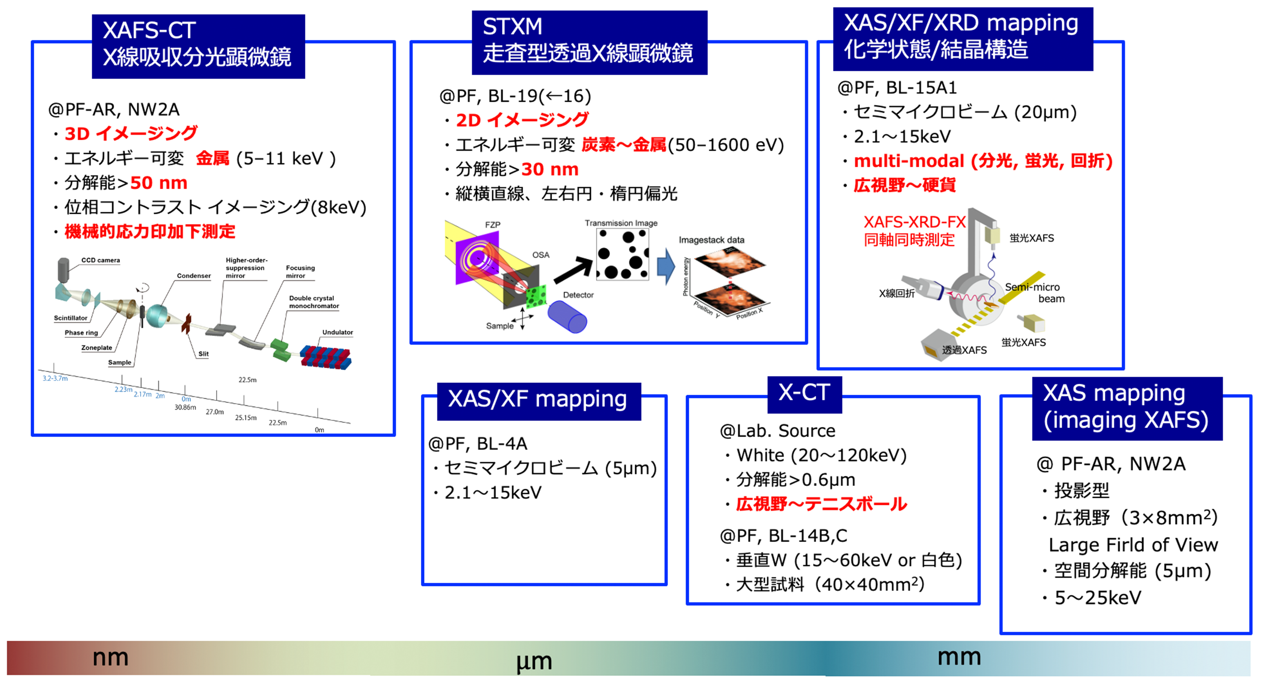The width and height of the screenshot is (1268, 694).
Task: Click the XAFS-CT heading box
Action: [199, 46]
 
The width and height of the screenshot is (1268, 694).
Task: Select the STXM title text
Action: [513, 27]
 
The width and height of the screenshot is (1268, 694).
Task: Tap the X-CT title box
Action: [804, 394]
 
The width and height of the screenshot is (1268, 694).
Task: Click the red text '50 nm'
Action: [159, 183]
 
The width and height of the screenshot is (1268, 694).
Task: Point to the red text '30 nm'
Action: [550, 169]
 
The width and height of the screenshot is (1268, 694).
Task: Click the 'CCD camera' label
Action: [100, 260]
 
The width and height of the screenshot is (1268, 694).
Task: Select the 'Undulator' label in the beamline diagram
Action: [338, 332]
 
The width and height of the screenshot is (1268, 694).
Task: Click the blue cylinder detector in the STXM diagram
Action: [567, 316]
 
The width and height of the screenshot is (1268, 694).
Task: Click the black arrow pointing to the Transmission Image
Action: [573, 270]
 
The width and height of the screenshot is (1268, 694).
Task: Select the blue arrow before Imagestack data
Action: [667, 266]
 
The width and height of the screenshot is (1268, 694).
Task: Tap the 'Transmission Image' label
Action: [621, 223]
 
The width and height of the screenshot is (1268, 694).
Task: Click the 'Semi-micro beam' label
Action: [1035, 293]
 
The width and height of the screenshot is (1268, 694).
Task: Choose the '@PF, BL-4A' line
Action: [478, 444]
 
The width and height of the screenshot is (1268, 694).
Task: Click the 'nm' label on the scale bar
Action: [110, 657]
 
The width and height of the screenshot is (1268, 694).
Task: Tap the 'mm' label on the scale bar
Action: [959, 657]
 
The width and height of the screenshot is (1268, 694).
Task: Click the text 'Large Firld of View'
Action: [1133, 545]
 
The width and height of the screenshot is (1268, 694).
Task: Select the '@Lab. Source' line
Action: [778, 431]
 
